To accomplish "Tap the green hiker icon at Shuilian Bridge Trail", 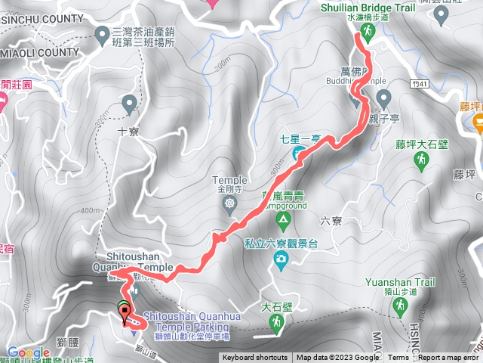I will point(367,30).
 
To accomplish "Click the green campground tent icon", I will point(284,222).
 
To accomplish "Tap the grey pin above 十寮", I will point(129,102).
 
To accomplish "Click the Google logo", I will point(28,352).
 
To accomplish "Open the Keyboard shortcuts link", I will point(254,358).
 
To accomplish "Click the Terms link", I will point(398,358).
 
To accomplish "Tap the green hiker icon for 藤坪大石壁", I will point(422,160).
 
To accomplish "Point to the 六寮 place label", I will point(331,220).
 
